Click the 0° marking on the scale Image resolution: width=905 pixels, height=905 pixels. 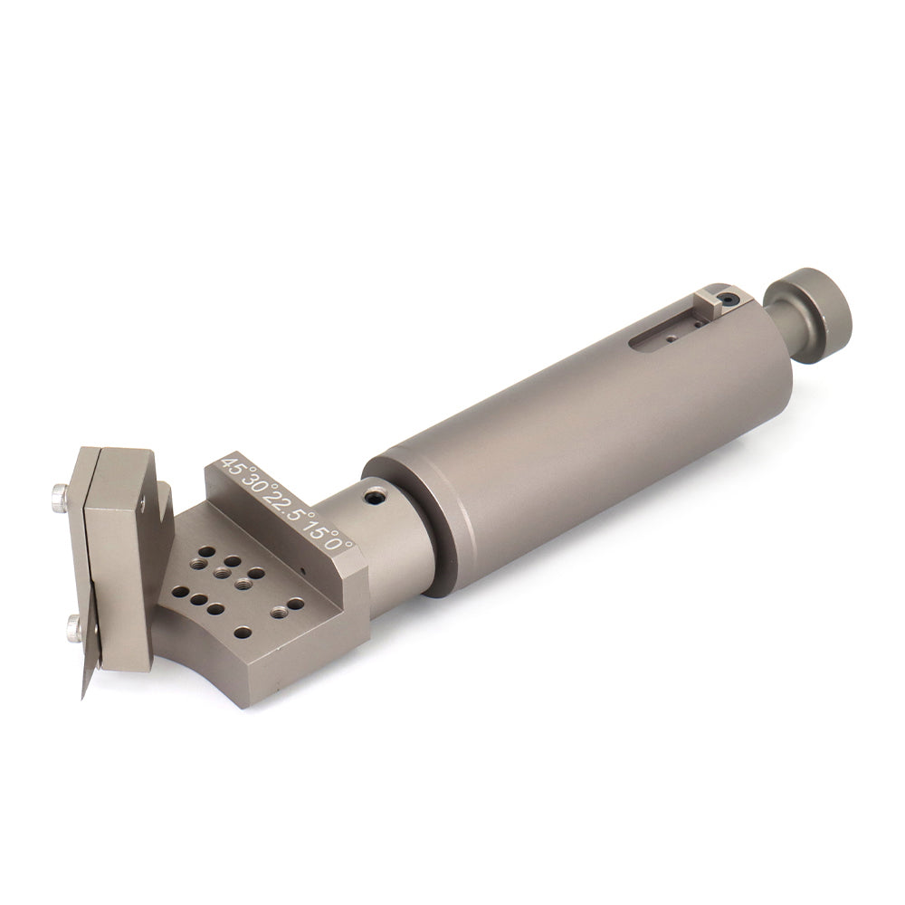342,542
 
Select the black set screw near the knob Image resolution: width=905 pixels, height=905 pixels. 731,300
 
